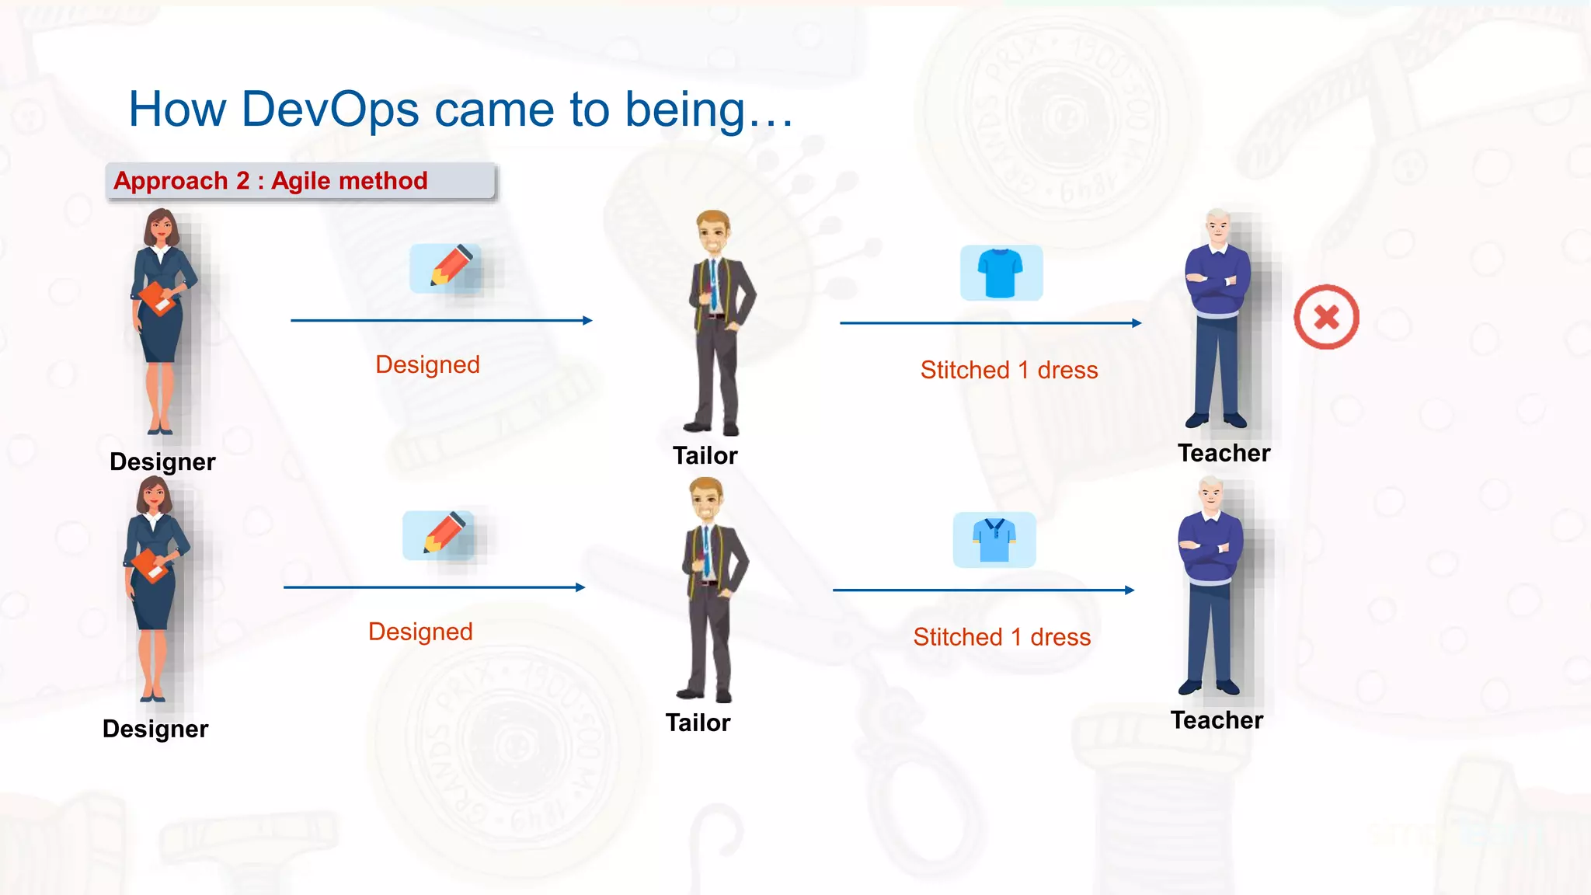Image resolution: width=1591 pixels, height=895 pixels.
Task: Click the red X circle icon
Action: pos(1326,317)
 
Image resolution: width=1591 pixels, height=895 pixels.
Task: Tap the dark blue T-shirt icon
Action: pos(1001,273)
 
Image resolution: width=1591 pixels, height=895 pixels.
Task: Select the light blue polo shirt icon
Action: pos(994,539)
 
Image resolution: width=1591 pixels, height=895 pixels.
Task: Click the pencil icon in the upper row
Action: pos(451,268)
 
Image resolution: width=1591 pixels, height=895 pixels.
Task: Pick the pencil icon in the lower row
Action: pos(444,535)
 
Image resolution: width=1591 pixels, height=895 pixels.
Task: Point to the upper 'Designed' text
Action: pos(427,364)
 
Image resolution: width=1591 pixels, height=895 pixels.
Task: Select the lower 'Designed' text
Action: pos(420,632)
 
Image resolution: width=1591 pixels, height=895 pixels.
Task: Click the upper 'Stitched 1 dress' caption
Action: pos(1008,370)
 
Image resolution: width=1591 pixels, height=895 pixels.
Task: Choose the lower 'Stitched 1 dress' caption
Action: pos(1001,637)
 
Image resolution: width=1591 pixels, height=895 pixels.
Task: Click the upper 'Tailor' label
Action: pos(705,455)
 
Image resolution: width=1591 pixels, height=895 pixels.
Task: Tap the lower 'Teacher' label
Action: pos(1217,720)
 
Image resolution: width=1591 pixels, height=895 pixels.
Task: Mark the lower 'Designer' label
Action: pos(155,729)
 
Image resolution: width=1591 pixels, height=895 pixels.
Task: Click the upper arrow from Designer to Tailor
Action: pos(441,320)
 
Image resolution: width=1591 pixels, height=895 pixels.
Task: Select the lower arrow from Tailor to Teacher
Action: pos(983,590)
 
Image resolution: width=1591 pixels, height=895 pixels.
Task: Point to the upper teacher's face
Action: pos(1217,228)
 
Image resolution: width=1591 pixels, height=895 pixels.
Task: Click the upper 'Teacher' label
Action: pos(1224,453)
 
